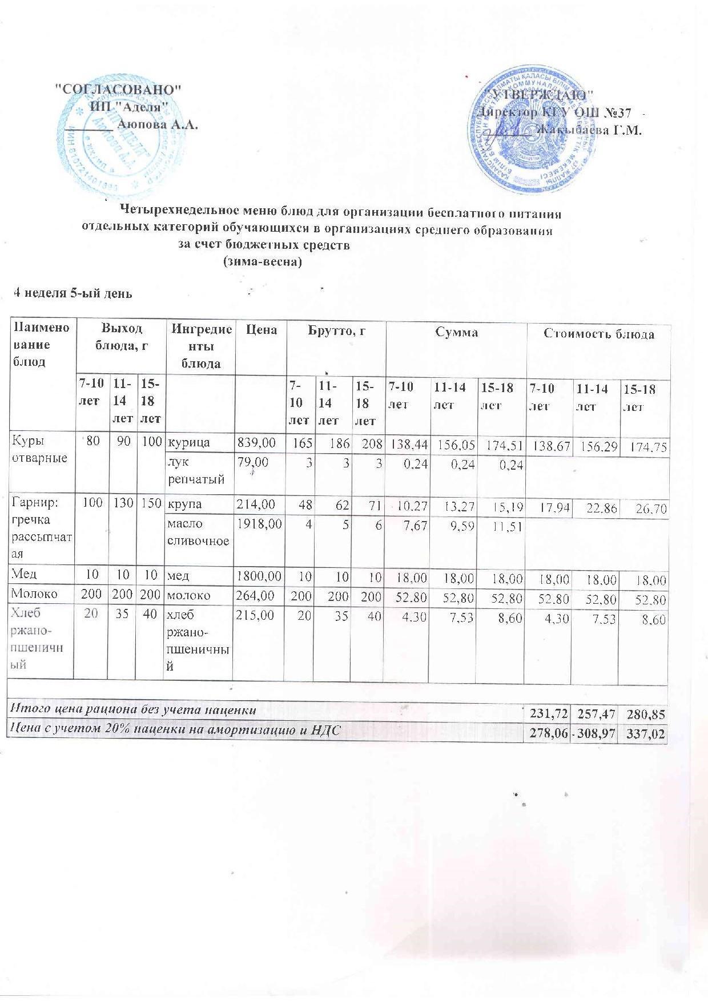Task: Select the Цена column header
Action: tap(261, 330)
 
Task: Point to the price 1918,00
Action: tap(259, 523)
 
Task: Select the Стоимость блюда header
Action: tap(598, 334)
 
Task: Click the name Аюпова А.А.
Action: tap(157, 124)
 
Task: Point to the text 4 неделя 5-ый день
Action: tap(73, 293)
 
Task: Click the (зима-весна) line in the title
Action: tap(260, 263)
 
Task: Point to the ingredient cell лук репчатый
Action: tap(187, 471)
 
